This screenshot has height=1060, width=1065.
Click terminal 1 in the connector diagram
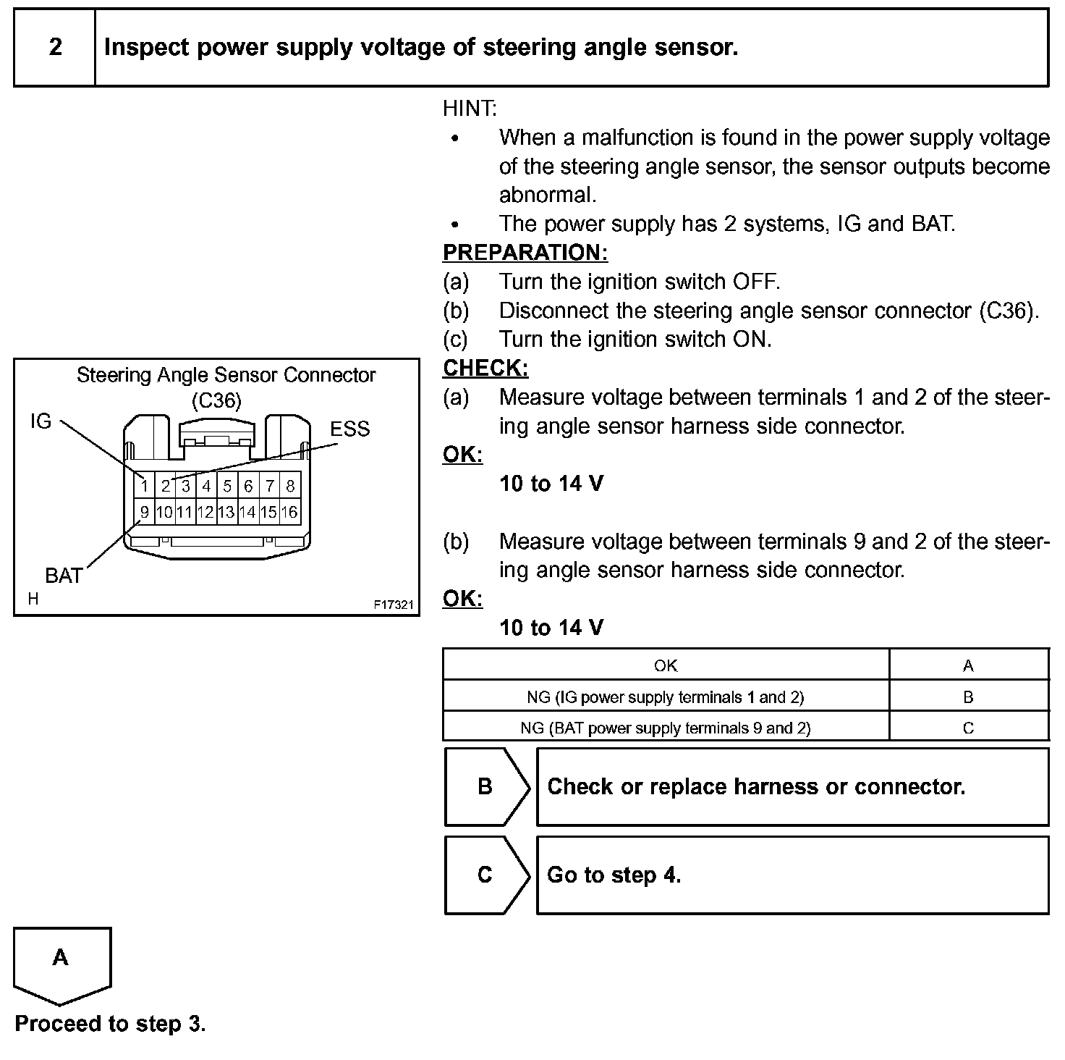pos(145,486)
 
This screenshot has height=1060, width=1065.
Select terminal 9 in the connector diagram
pos(145,513)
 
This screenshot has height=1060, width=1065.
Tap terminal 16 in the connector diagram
pos(289,513)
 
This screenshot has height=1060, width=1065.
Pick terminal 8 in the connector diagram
pos(290,486)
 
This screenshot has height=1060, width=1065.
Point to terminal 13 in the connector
pos(226,513)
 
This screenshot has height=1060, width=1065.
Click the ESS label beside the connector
pos(349,429)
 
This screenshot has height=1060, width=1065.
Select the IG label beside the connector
pos(41,421)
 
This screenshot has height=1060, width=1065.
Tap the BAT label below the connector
pos(64,576)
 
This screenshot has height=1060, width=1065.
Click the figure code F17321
pos(394,604)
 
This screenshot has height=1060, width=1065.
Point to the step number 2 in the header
pos(55,48)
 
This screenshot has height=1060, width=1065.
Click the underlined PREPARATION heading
pos(525,253)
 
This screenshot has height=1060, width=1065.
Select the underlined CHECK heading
pos(485,369)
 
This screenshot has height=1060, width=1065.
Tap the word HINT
pos(470,109)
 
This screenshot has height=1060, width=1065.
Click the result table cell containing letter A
pos(968,665)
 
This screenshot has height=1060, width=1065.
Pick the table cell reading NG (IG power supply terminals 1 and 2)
pos(665,697)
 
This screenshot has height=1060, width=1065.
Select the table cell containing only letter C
pos(968,728)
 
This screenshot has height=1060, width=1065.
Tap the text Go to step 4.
pos(614,875)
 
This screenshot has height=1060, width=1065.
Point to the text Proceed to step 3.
pos(110,1024)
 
